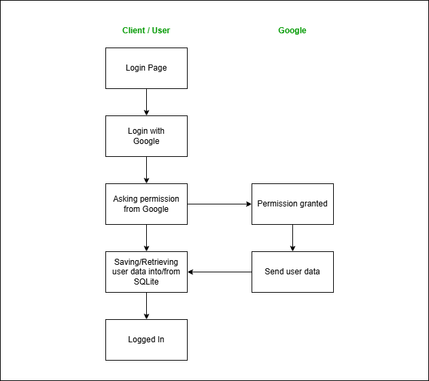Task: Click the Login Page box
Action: (146, 68)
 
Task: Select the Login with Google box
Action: (146, 136)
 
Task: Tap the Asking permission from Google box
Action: (146, 204)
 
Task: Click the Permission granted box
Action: (292, 204)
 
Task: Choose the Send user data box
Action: (292, 272)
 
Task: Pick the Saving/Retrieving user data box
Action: (146, 272)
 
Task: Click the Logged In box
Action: (146, 340)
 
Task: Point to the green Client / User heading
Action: (146, 31)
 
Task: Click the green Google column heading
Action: (292, 31)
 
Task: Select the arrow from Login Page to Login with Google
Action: (146, 102)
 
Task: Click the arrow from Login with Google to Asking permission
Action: (146, 170)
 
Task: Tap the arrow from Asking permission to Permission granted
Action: (219, 204)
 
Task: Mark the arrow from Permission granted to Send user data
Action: (292, 238)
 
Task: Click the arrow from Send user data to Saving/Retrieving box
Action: (219, 272)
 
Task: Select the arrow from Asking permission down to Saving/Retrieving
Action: (146, 238)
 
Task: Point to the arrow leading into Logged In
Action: (146, 306)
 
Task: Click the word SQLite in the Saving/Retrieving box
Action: (146, 282)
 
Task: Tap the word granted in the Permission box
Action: (311, 204)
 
